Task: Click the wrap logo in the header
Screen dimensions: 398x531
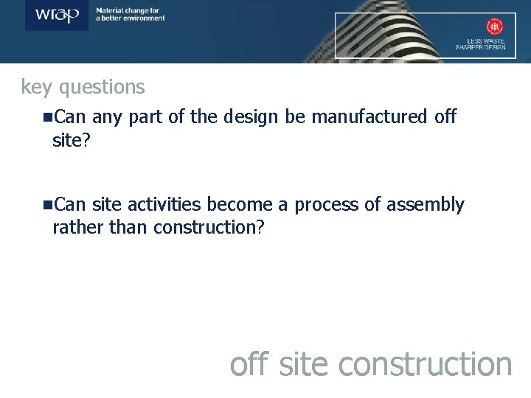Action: coord(58,15)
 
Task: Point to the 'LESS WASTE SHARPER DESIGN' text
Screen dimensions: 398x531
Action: coord(481,43)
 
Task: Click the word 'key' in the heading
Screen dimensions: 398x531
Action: coord(36,88)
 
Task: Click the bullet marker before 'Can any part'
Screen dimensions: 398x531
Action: coord(47,116)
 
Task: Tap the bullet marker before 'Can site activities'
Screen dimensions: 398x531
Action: coord(47,205)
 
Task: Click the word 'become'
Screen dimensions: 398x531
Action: coord(241,205)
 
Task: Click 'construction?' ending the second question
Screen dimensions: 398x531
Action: coord(209,227)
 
